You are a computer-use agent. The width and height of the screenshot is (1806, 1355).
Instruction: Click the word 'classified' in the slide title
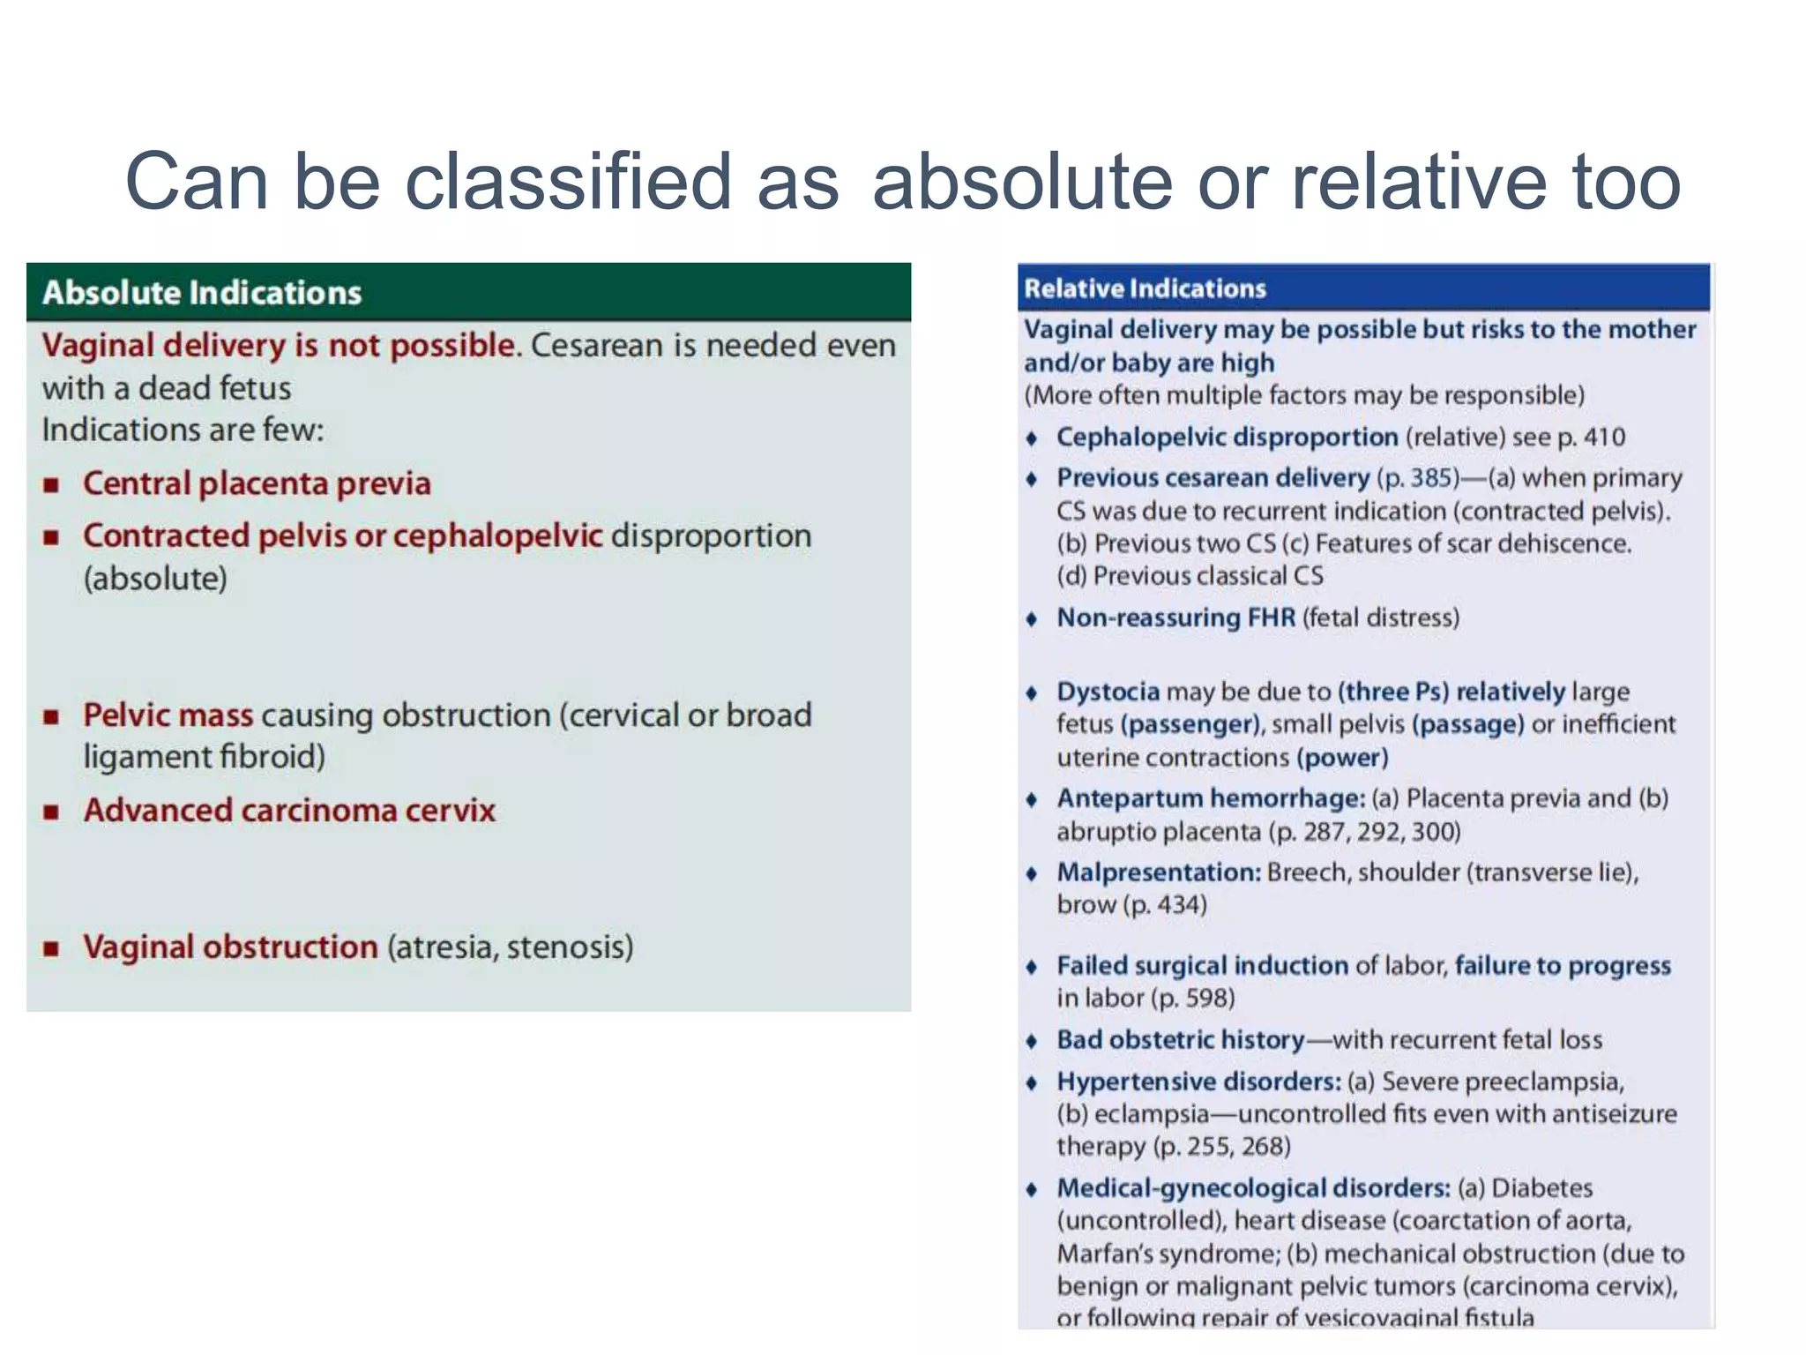pyautogui.click(x=568, y=181)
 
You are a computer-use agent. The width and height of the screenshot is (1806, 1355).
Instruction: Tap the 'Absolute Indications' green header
pyautogui.click(x=202, y=293)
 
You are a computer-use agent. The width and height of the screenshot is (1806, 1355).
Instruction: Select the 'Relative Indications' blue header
pyautogui.click(x=1145, y=288)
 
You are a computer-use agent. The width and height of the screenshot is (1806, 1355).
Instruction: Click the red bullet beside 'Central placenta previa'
pyautogui.click(x=52, y=484)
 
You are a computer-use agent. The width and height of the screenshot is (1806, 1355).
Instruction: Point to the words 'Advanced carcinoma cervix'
pyautogui.click(x=289, y=810)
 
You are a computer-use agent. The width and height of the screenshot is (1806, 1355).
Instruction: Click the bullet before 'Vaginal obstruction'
pyautogui.click(x=52, y=948)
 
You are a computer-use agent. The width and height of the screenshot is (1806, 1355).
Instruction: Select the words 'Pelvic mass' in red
pyautogui.click(x=168, y=715)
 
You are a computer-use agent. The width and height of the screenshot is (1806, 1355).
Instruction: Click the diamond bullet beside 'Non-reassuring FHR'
pyautogui.click(x=1032, y=618)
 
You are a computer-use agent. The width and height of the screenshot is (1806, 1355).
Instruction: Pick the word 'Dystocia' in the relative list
pyautogui.click(x=1108, y=692)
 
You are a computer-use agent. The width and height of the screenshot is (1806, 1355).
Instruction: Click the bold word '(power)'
pyautogui.click(x=1342, y=758)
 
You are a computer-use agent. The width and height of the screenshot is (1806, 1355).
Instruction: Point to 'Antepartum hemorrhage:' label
pyautogui.click(x=1211, y=798)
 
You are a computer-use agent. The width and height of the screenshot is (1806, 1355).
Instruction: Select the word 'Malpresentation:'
pyautogui.click(x=1159, y=872)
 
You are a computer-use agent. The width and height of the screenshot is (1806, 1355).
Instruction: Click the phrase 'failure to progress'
pyautogui.click(x=1562, y=966)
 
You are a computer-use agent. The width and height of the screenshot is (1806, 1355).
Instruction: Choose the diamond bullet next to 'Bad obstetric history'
pyautogui.click(x=1032, y=1041)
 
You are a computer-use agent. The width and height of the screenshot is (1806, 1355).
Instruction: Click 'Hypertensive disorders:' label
pyautogui.click(x=1198, y=1082)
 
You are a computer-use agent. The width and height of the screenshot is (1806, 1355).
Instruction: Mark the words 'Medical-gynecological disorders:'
pyautogui.click(x=1253, y=1188)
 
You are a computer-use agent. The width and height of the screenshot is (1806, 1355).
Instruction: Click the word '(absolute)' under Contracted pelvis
pyautogui.click(x=155, y=579)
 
